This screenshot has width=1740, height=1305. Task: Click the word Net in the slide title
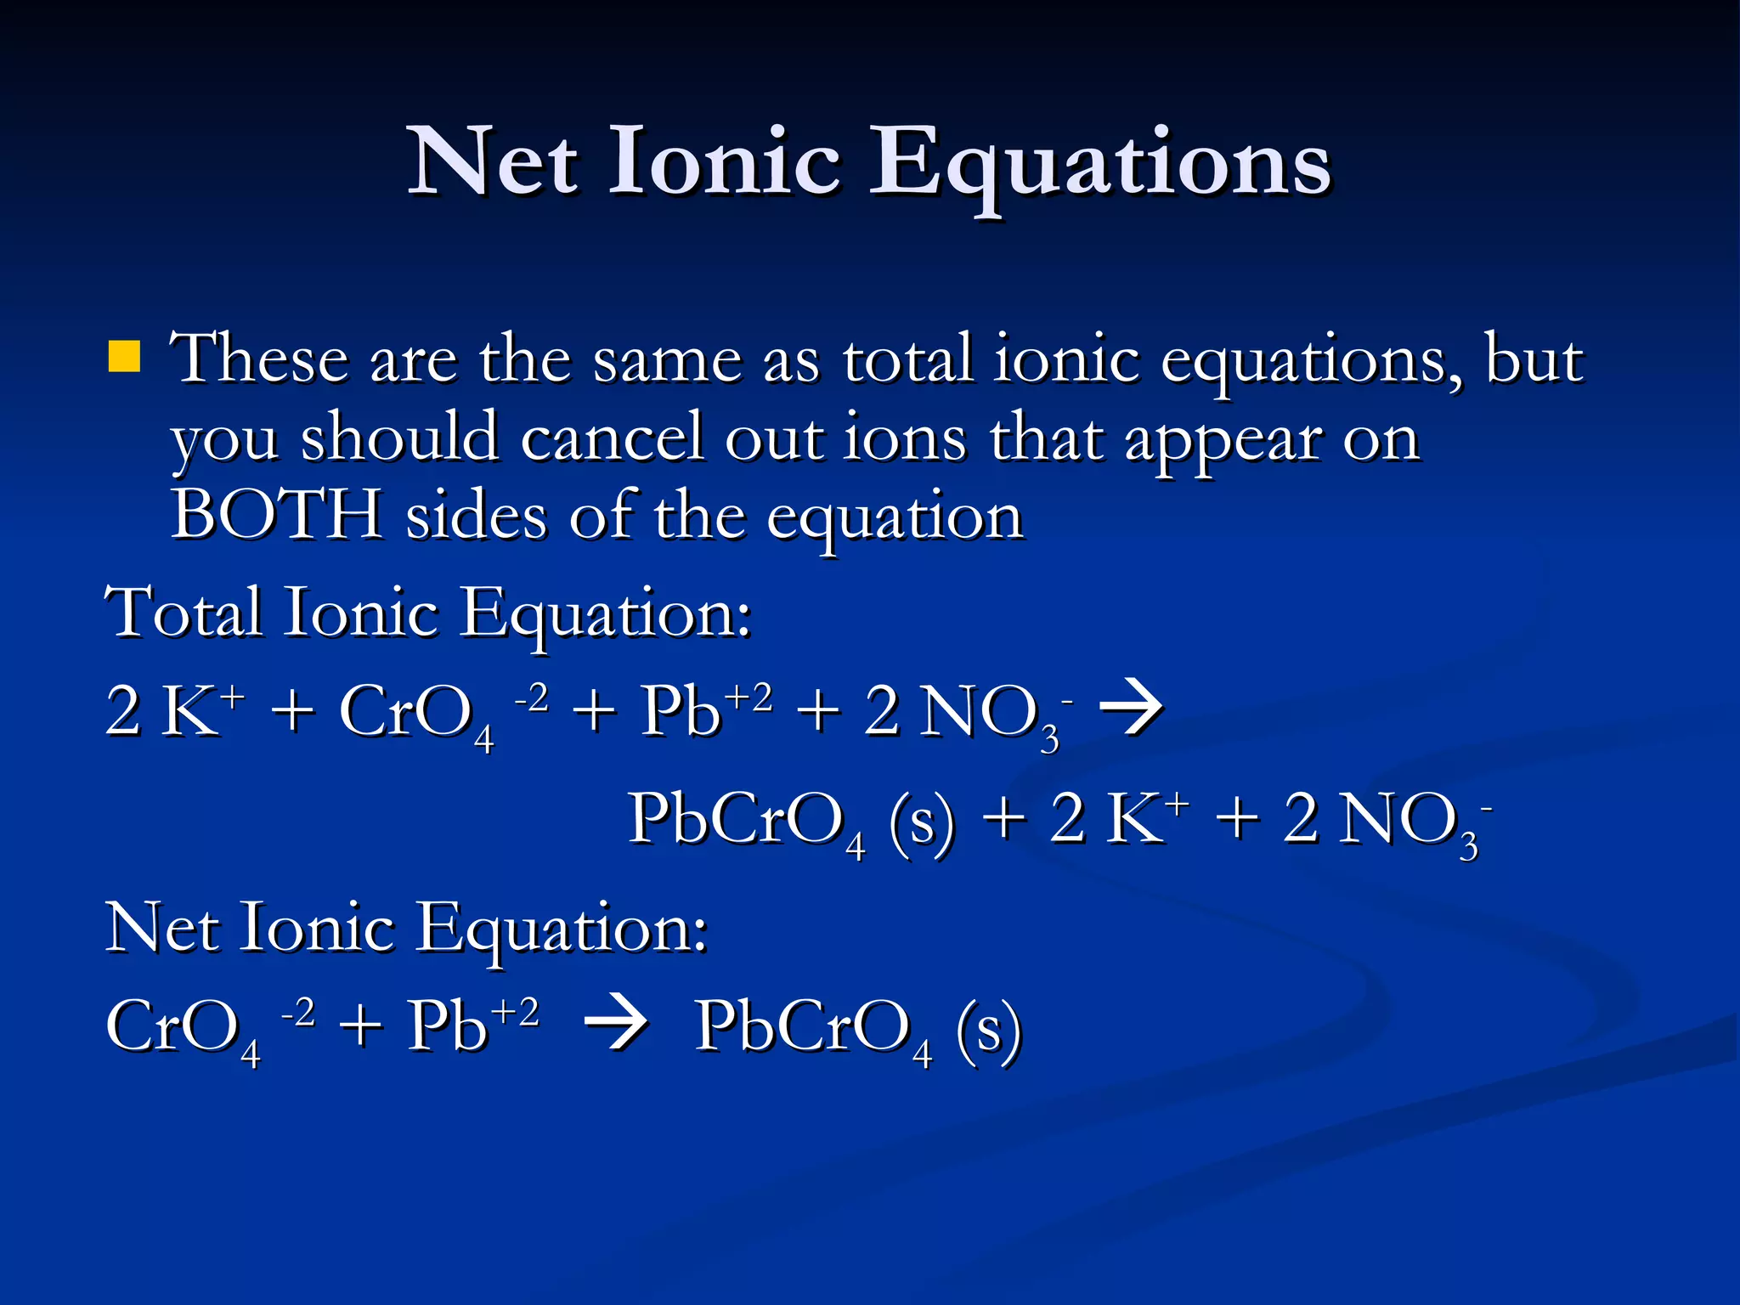tap(494, 161)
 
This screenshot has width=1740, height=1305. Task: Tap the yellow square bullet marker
tap(124, 358)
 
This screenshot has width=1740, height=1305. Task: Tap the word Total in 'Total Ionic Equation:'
tap(183, 612)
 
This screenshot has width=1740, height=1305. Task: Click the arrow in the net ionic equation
tap(616, 1025)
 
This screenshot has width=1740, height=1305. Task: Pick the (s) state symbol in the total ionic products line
tap(922, 820)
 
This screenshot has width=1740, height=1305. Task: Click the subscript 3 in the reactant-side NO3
tap(1050, 739)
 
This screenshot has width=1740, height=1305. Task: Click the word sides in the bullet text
tap(476, 515)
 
